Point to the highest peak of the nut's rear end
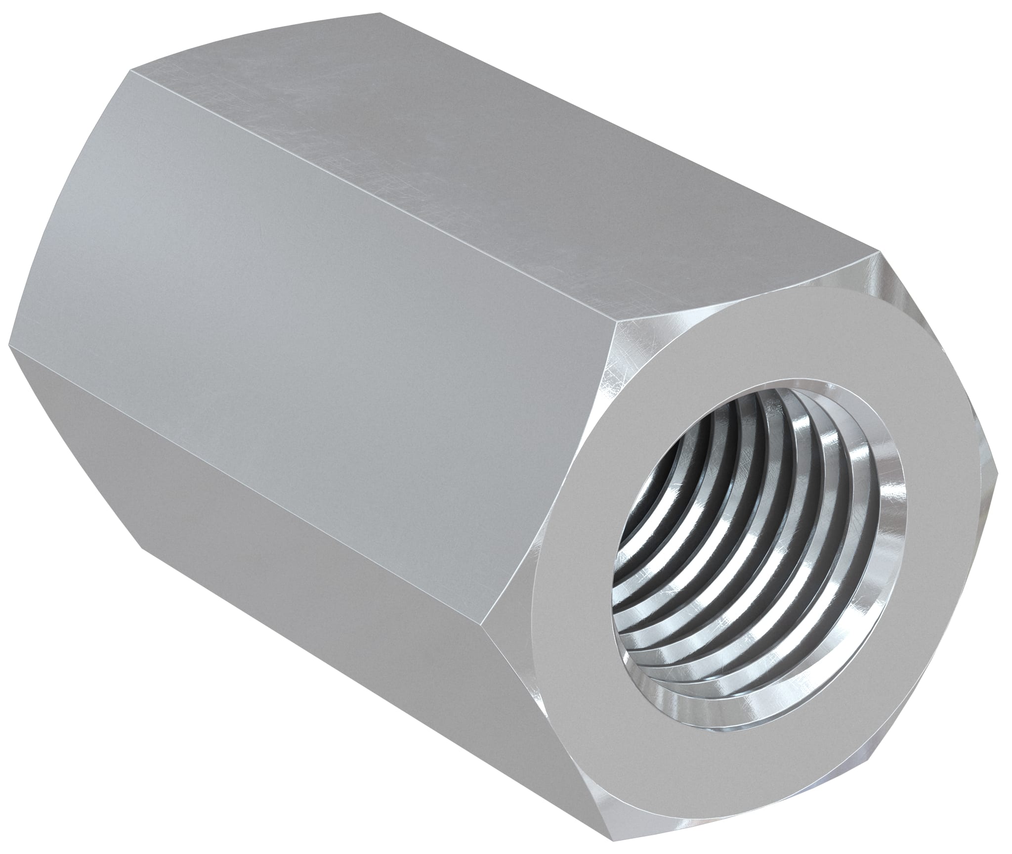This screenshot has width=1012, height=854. [380, 13]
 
